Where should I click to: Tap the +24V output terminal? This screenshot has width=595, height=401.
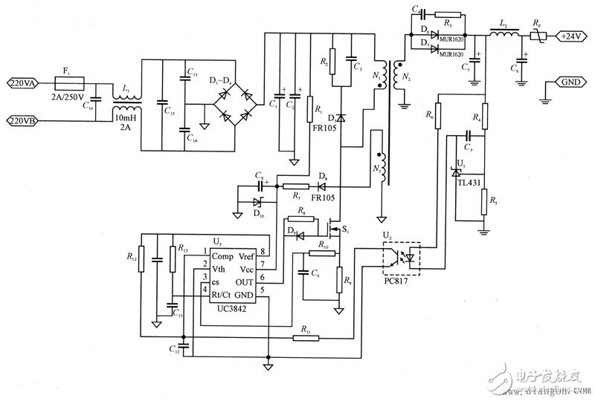(571, 36)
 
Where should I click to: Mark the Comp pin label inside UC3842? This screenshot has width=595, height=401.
(224, 256)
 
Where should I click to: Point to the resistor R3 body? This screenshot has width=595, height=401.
(447, 14)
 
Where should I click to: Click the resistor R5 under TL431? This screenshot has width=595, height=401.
(483, 201)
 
